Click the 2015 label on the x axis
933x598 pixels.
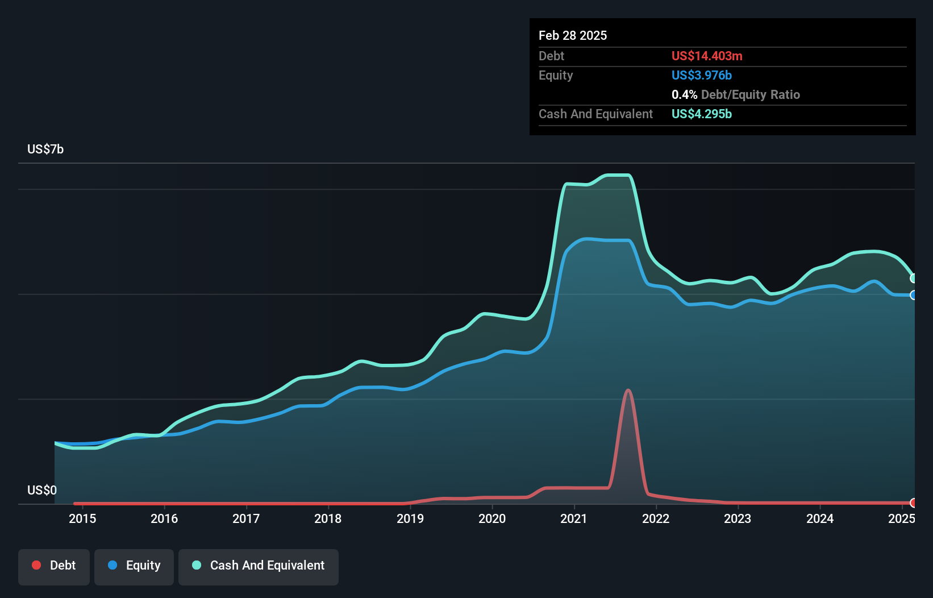click(x=82, y=518)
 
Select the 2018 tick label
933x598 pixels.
click(x=328, y=518)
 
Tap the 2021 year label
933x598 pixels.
click(x=574, y=518)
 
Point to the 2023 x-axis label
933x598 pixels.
click(x=738, y=518)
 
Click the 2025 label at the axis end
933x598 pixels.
click(x=901, y=518)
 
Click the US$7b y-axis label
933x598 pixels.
click(x=45, y=149)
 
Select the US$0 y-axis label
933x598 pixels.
click(x=42, y=490)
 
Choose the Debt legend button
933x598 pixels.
click(x=54, y=565)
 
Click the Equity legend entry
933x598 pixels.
click(x=134, y=565)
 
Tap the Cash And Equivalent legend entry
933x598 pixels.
click(x=259, y=565)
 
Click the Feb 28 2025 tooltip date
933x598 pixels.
click(x=573, y=35)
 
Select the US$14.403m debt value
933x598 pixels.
click(x=707, y=56)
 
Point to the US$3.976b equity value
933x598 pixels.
click(x=702, y=75)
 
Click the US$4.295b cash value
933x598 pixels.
click(x=702, y=114)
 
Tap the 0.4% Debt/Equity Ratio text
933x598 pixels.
click(x=736, y=94)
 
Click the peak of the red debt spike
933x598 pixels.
click(x=628, y=390)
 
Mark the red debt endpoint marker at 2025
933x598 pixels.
click(x=913, y=503)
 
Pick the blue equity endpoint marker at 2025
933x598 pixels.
click(x=913, y=295)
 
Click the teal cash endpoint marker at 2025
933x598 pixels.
click(x=913, y=279)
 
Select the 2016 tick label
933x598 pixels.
click(x=164, y=518)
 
